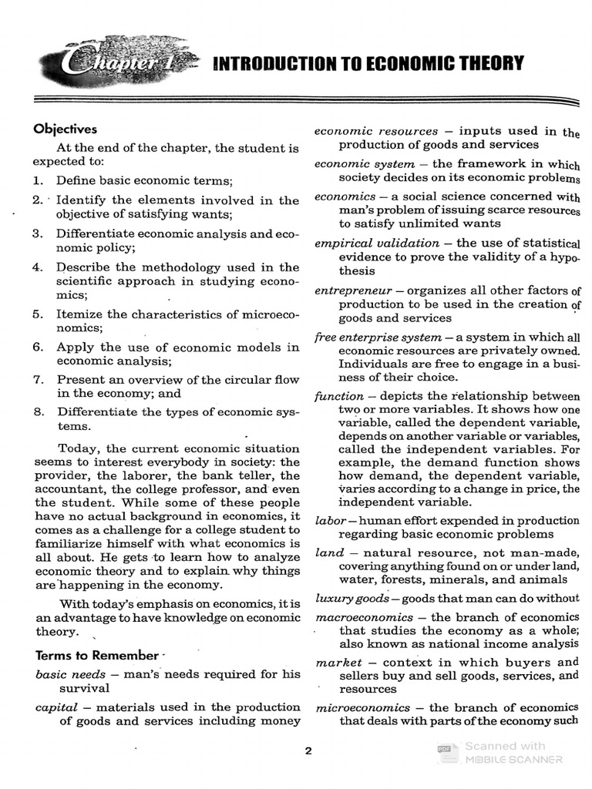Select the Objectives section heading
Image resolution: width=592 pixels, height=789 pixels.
click(65, 129)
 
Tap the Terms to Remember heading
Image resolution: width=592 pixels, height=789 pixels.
click(96, 656)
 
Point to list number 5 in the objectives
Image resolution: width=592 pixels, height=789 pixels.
click(38, 314)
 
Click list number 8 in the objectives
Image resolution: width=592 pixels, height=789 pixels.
click(38, 411)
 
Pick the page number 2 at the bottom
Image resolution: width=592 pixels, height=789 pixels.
click(308, 752)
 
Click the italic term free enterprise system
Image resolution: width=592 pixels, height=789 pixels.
click(378, 337)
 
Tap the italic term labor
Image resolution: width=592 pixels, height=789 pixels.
click(330, 521)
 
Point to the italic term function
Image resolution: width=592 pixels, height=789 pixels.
click(338, 396)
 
